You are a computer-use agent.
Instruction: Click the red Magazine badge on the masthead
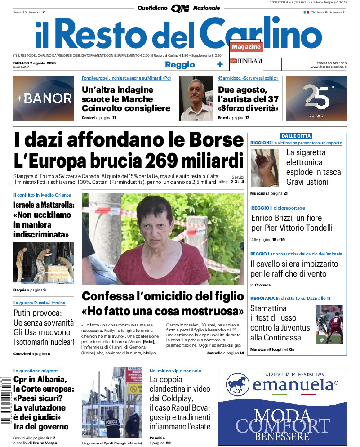(246, 47)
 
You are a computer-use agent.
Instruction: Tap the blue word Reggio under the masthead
(180, 64)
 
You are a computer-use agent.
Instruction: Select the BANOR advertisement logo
(44, 98)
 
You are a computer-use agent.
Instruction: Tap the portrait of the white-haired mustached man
(196, 98)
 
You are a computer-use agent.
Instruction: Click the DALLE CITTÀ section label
(296, 136)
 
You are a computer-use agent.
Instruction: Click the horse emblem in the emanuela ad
(238, 386)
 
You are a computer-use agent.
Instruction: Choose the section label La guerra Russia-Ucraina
(40, 303)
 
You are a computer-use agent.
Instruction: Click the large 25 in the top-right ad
(316, 97)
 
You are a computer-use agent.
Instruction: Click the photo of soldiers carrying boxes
(44, 262)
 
